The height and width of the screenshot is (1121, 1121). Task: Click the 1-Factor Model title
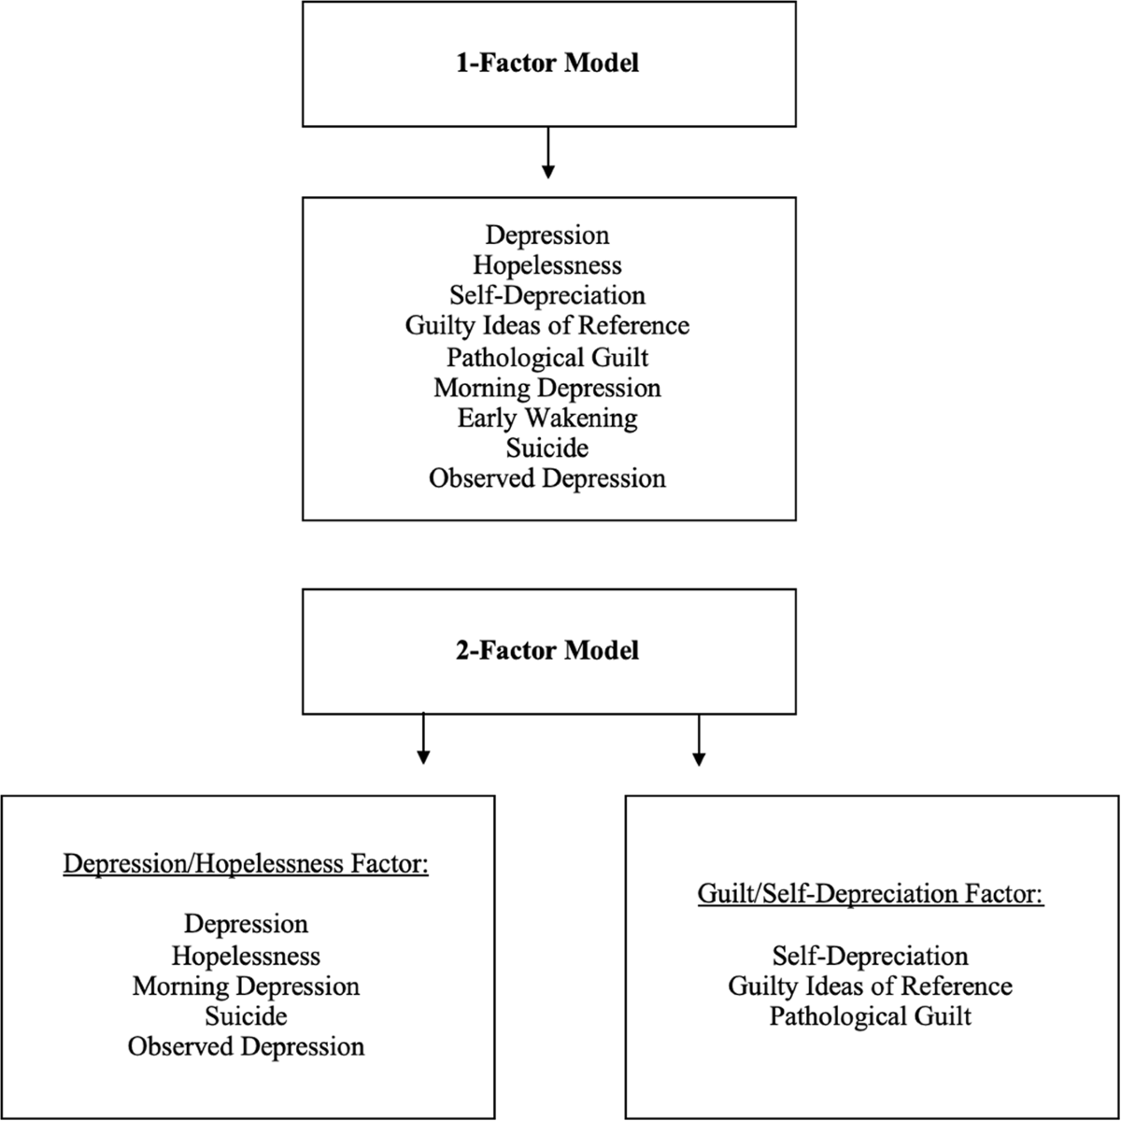pyautogui.click(x=548, y=64)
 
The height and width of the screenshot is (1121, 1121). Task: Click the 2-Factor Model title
pyautogui.click(x=548, y=650)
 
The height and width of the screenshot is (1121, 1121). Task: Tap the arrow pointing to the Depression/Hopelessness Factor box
pyautogui.click(x=423, y=739)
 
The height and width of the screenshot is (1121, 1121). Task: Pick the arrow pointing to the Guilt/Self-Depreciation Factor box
pyautogui.click(x=698, y=739)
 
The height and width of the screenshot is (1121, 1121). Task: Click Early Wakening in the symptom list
pyautogui.click(x=547, y=418)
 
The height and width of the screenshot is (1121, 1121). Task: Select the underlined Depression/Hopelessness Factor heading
pyautogui.click(x=246, y=864)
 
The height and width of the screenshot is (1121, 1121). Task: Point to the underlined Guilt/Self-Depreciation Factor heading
pyautogui.click(x=871, y=894)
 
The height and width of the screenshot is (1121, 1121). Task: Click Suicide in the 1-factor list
pyautogui.click(x=547, y=448)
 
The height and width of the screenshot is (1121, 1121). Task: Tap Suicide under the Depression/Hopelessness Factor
pyautogui.click(x=246, y=1015)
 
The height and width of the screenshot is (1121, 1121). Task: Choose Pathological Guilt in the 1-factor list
pyautogui.click(x=547, y=357)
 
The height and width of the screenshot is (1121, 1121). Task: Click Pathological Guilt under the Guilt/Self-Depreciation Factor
pyautogui.click(x=871, y=1015)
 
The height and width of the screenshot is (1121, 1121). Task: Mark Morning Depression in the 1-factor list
pyautogui.click(x=547, y=388)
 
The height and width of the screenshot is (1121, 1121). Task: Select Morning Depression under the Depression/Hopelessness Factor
pyautogui.click(x=246, y=986)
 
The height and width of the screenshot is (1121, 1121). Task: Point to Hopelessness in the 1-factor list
pyautogui.click(x=547, y=265)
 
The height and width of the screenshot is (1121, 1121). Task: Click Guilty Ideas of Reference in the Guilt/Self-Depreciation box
pyautogui.click(x=871, y=986)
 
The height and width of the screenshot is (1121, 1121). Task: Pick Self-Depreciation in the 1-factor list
pyautogui.click(x=547, y=296)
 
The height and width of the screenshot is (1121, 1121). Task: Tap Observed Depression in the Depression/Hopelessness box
pyautogui.click(x=246, y=1046)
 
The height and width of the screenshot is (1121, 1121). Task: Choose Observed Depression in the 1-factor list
pyautogui.click(x=547, y=478)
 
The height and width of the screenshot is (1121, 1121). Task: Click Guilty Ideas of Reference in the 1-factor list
pyautogui.click(x=547, y=326)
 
